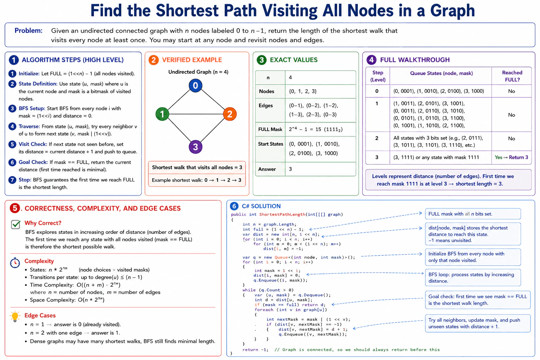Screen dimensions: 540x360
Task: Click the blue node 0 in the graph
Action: coord(195,85)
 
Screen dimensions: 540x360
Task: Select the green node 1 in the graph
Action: coord(162,114)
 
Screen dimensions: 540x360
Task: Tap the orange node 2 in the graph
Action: coord(230,114)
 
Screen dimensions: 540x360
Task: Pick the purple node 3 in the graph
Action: coord(195,147)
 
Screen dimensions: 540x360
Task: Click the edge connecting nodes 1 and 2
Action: coord(196,114)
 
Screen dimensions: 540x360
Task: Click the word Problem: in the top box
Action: coord(28,31)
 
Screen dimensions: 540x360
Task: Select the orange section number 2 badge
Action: coord(154,60)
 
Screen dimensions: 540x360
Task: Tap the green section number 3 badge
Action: coord(262,60)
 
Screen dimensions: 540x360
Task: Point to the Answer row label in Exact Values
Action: coord(267,169)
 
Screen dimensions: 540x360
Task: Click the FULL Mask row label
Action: coord(270,129)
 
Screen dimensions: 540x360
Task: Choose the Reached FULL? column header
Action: coord(512,76)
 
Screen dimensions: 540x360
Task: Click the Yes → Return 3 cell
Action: coord(511,157)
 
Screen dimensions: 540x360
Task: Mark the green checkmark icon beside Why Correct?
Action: coord(16,224)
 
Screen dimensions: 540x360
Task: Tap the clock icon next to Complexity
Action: coord(15,263)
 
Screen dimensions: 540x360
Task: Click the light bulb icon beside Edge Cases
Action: coord(15,316)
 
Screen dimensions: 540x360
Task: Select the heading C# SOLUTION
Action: coord(261,206)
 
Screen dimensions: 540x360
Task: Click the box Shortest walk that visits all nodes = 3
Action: coord(197,167)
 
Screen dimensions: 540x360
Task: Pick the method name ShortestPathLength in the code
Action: coord(282,214)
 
